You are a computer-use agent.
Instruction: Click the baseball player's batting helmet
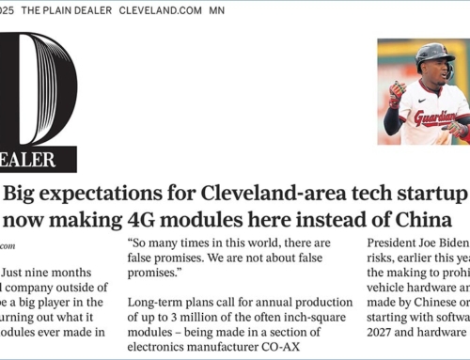coord(435,55)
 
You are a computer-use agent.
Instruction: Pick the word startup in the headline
coord(431,195)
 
